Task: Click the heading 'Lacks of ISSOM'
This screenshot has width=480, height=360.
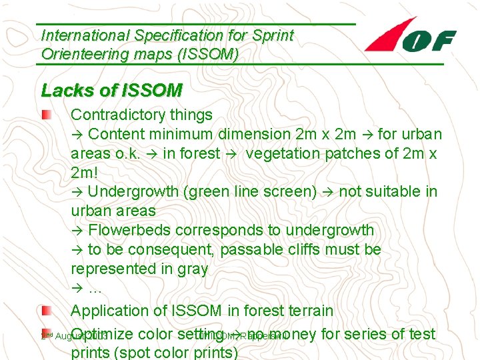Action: (x=111, y=90)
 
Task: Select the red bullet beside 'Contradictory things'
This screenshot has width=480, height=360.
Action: (x=44, y=115)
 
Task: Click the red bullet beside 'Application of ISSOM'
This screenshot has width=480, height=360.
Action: (x=44, y=310)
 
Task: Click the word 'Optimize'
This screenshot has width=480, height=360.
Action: (x=105, y=333)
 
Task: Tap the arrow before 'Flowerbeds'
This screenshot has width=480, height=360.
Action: (x=77, y=231)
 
